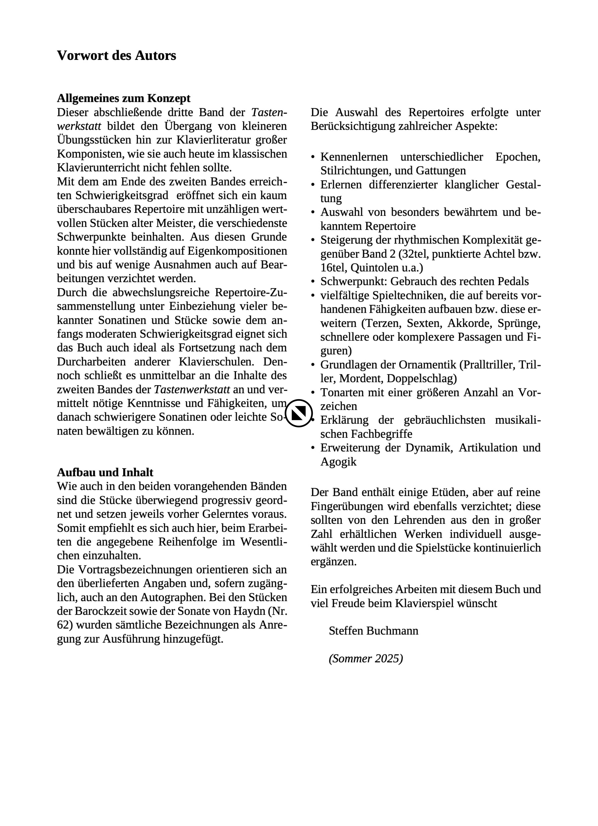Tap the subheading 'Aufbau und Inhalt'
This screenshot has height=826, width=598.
pyautogui.click(x=105, y=472)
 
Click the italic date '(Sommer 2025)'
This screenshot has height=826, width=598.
pyautogui.click(x=365, y=658)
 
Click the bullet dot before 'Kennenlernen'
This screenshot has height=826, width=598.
pyautogui.click(x=313, y=157)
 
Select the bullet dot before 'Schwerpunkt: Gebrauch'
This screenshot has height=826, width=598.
pyautogui.click(x=313, y=282)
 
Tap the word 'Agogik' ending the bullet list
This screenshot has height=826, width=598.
pyautogui.click(x=338, y=462)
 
